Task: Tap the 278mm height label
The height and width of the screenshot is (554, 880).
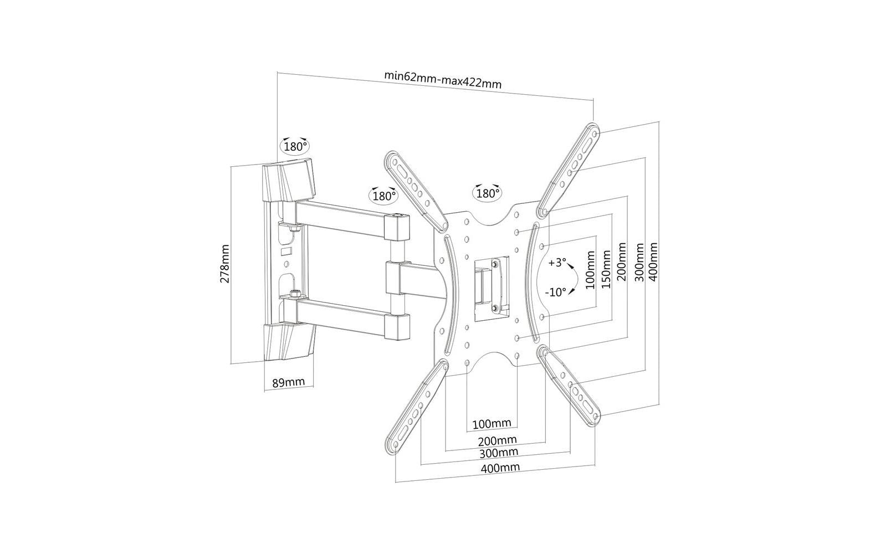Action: coord(225,264)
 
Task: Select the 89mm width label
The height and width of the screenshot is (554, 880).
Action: coord(288,382)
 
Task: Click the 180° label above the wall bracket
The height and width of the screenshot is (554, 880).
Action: coord(295,147)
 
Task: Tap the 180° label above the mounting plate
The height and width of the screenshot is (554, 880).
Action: coord(487,193)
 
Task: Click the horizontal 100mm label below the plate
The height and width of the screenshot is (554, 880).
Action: coord(492,424)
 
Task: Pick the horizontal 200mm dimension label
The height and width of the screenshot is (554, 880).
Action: coord(498,440)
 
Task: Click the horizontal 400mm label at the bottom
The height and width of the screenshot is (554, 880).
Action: coord(500,468)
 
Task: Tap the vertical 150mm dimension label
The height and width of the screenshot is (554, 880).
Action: coord(606,269)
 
